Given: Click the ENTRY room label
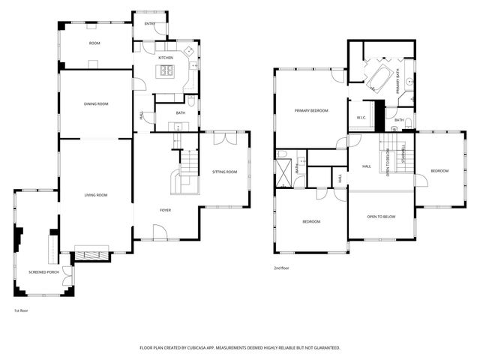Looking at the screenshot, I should [148, 24].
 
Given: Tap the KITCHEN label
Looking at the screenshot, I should [166, 58].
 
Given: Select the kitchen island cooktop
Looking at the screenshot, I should [165, 72].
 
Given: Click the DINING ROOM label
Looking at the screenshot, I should [96, 104].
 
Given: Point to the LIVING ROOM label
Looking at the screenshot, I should [95, 195].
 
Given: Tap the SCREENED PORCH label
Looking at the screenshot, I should [43, 271].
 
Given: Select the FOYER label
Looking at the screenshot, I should [165, 210].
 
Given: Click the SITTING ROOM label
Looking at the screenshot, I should [224, 172].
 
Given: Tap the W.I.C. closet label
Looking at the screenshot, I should [361, 117].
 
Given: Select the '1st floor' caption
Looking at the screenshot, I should [22, 310].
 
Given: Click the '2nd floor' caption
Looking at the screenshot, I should [282, 268].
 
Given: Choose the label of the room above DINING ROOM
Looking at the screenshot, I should [94, 43].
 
